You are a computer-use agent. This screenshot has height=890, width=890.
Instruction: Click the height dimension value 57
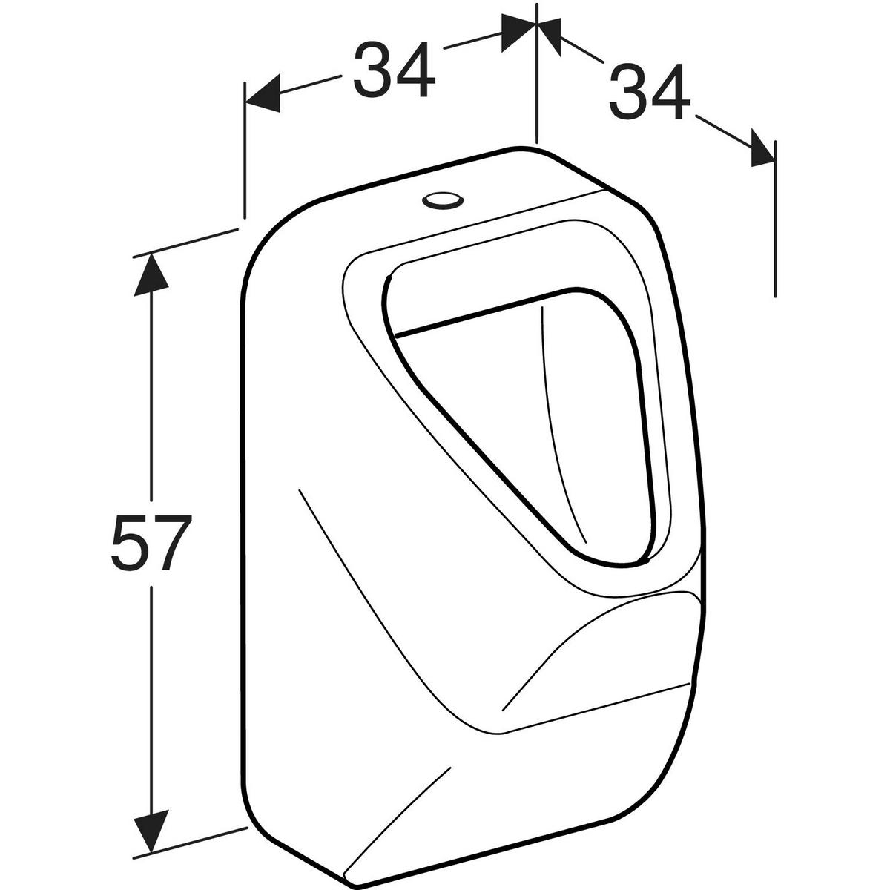coord(151,544)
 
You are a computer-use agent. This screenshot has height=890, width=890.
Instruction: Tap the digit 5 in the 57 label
coord(130,544)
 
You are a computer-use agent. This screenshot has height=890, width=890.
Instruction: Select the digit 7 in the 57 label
coord(172,543)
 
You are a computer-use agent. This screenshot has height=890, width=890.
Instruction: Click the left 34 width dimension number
coord(394,69)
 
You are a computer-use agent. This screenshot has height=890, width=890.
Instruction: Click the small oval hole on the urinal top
coord(442,200)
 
